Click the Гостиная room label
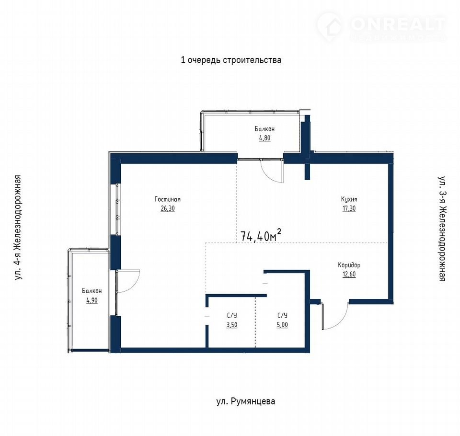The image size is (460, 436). (x=168, y=199)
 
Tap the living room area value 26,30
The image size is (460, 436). (x=168, y=208)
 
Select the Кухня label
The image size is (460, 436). (x=349, y=199)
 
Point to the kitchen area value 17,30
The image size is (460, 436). (x=349, y=208)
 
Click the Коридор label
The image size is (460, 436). (x=349, y=265)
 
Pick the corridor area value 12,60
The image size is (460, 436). (x=349, y=275)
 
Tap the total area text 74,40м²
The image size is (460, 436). (x=261, y=236)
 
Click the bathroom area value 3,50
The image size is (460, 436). (x=232, y=325)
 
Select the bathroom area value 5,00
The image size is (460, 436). (x=282, y=325)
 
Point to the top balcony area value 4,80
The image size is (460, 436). (x=264, y=138)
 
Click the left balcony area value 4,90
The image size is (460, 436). (x=92, y=300)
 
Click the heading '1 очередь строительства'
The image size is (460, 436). (x=231, y=60)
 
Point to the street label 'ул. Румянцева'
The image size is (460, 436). (x=246, y=401)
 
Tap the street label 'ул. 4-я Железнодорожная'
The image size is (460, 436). (x=18, y=228)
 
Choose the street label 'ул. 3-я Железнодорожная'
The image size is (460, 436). (x=442, y=229)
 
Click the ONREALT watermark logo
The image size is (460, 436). (x=381, y=26)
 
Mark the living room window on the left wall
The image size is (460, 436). (x=118, y=209)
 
